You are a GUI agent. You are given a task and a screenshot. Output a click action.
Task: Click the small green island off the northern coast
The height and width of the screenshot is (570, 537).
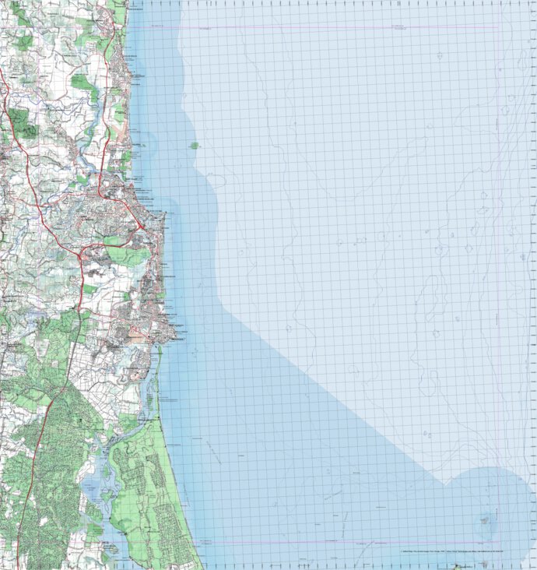[193, 145]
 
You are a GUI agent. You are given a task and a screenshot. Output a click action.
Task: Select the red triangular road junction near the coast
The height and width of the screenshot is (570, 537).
[139, 225]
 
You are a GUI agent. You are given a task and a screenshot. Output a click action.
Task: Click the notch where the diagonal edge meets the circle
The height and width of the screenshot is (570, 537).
[445, 484]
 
